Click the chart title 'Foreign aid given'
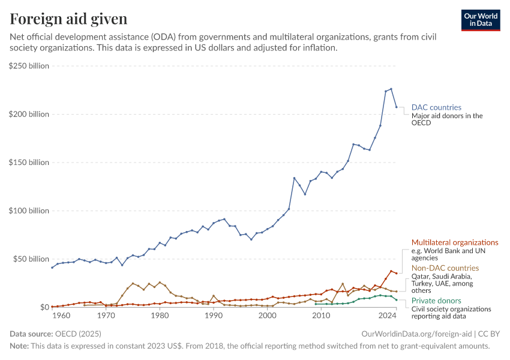(68, 19)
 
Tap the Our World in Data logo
(480, 20)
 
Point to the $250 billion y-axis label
(29, 65)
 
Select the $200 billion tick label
(29, 114)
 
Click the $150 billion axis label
(29, 162)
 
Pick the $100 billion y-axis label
(29, 211)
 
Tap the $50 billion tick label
(31, 259)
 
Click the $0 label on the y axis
(44, 307)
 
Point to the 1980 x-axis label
(160, 315)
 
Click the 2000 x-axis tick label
(267, 315)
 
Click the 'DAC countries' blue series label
(436, 107)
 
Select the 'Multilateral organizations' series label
(455, 242)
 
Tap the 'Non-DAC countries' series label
(445, 268)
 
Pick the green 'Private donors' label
(436, 301)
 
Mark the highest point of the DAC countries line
(391, 89)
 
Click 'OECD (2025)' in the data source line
(79, 334)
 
